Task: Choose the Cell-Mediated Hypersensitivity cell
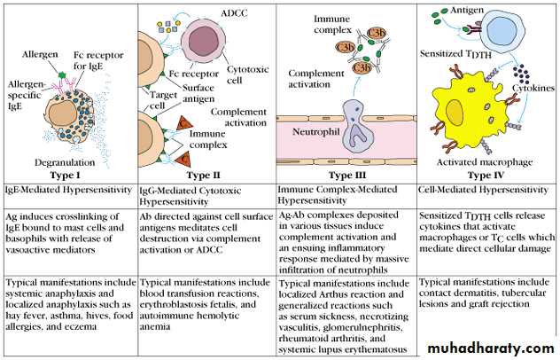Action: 486,190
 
